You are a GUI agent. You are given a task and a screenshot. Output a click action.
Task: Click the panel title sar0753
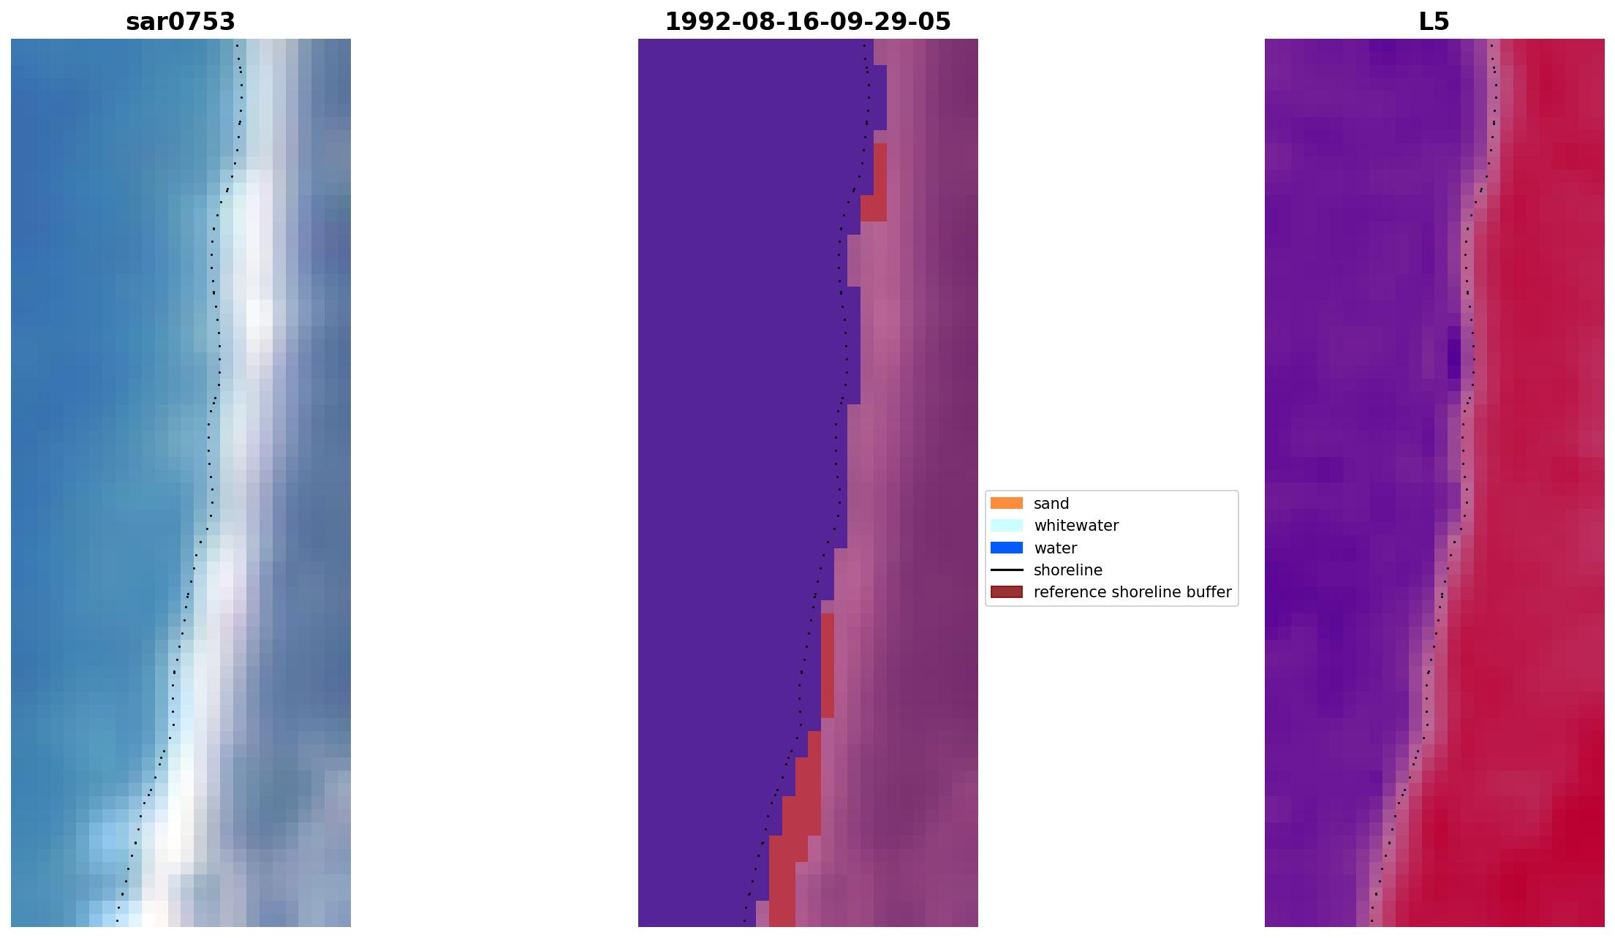pos(181,22)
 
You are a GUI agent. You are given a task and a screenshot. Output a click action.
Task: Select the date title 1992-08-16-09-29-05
pos(807,22)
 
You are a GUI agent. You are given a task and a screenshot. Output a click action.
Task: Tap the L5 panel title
pos(1433,22)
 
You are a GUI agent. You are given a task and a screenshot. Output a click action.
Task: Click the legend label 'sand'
pos(1051,504)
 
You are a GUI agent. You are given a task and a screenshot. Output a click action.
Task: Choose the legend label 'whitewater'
pos(1075,526)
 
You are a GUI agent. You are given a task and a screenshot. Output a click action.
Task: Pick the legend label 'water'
pos(1055,548)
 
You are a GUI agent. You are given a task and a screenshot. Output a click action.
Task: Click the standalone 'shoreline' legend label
pos(1067,570)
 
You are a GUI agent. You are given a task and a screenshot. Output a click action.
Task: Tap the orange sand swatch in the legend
pos(1006,504)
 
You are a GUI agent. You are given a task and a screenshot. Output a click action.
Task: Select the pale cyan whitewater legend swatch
pos(1006,526)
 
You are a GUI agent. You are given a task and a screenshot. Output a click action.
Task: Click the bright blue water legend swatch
pos(1006,548)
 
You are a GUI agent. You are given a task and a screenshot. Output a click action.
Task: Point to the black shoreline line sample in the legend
pos(1006,570)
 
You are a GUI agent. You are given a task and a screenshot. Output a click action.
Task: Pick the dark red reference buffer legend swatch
pos(1006,592)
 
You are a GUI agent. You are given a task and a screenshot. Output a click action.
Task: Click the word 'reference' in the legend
pos(1067,592)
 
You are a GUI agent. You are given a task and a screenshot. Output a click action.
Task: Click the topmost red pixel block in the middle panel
pos(880,168)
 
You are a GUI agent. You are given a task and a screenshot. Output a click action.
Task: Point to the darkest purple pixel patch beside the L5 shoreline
pos(1453,352)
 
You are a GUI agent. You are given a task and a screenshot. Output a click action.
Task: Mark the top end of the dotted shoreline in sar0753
pos(237,45)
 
